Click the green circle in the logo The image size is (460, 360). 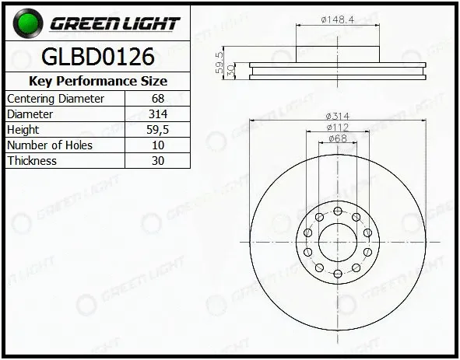tap(28, 23)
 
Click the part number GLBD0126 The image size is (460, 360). tap(98, 57)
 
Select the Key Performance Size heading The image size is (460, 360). tap(98, 81)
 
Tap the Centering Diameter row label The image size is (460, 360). tap(55, 99)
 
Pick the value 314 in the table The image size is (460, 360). tap(158, 114)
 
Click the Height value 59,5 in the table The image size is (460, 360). tap(158, 130)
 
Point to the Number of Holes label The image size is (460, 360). tap(50, 145)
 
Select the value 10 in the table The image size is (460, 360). tap(158, 145)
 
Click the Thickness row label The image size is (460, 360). tap(32, 161)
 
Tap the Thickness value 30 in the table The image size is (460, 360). tap(158, 161)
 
